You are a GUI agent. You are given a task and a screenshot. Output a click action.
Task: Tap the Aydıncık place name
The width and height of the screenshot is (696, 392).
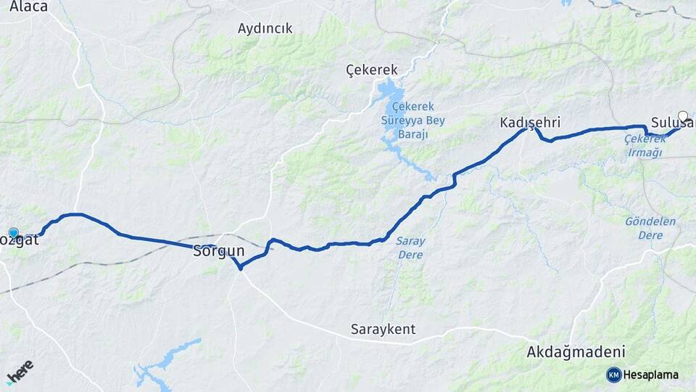265,28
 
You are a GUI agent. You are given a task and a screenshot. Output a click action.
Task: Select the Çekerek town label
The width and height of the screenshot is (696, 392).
372,70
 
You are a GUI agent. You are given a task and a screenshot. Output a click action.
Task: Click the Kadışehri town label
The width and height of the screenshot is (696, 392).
530,122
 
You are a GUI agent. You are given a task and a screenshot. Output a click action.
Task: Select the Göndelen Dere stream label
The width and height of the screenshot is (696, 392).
650,228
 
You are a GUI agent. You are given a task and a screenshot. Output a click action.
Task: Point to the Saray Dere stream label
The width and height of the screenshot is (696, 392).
411,248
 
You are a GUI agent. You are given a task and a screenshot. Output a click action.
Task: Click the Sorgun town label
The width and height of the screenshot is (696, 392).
219,251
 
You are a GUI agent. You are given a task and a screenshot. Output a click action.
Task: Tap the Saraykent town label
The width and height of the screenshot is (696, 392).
384,329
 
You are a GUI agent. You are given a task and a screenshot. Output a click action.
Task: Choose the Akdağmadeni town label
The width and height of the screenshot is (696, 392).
576,352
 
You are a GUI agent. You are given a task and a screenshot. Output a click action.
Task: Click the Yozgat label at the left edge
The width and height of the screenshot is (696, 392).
20,239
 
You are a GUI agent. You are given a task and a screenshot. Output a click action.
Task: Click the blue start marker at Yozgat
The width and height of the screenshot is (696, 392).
13,233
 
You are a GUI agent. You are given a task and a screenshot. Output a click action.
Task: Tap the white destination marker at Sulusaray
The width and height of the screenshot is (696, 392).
682,115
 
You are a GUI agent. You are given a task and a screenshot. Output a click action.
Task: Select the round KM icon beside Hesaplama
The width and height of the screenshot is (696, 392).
613,375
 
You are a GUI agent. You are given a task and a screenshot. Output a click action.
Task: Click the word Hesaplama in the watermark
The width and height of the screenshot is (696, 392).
650,375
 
